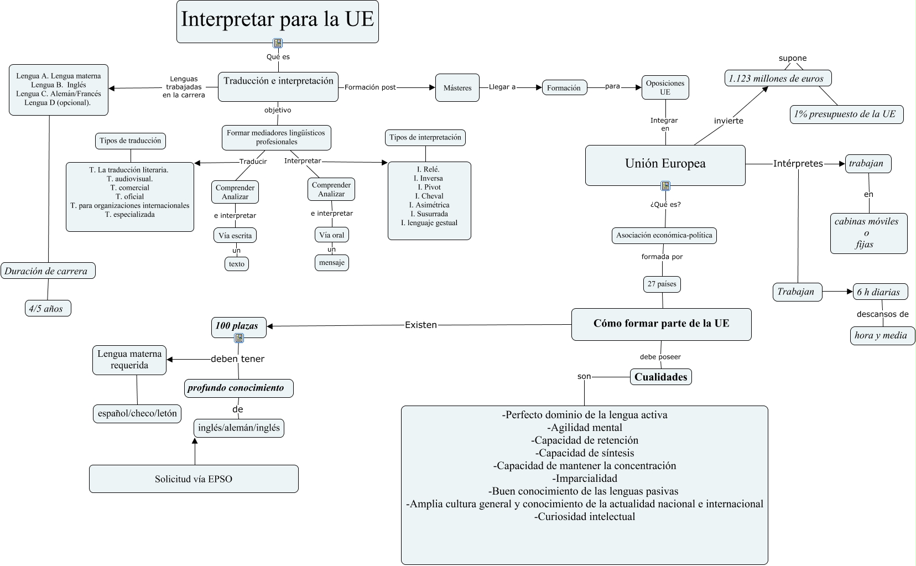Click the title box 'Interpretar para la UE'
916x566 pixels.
277,21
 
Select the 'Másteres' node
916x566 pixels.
457,87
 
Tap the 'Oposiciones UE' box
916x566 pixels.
665,87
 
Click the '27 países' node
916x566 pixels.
662,284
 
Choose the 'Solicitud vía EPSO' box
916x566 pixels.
194,479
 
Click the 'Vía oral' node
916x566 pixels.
332,235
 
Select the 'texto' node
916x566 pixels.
237,264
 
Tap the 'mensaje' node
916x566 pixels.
332,263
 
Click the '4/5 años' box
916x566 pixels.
48,308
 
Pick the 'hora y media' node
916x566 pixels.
882,336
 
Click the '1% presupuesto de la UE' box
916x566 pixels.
846,114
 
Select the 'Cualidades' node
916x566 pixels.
661,377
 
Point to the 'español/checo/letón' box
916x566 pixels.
137,413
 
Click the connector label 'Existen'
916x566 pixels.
421,325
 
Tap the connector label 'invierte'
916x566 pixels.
728,121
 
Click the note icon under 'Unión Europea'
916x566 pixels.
665,186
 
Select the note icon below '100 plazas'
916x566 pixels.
239,338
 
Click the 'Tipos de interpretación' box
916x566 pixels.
425,137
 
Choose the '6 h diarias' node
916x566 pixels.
881,292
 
